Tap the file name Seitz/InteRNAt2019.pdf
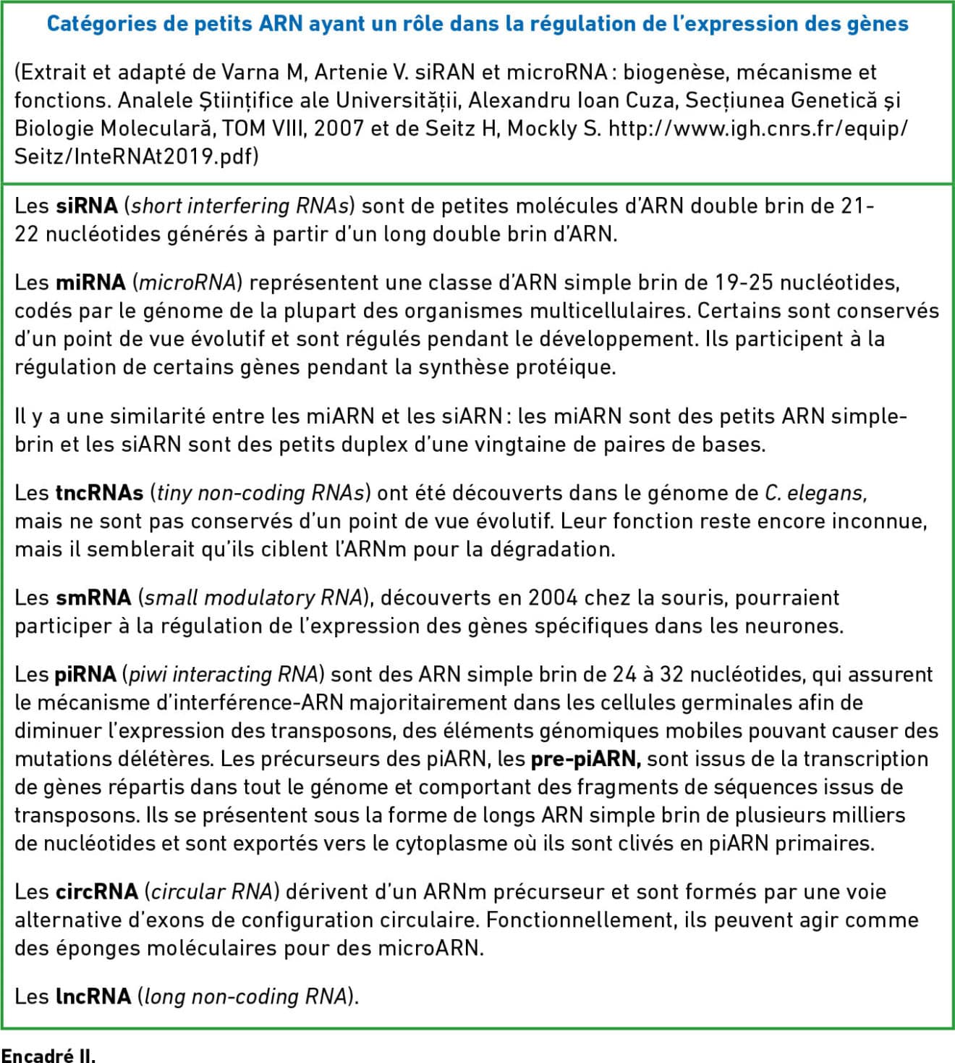click(x=135, y=156)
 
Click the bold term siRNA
click(x=87, y=206)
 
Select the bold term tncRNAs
click(x=99, y=493)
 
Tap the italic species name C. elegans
click(x=815, y=493)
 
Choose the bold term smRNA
click(x=93, y=598)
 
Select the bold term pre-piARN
click(x=585, y=759)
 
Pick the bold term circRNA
click(x=96, y=892)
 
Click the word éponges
click(x=92, y=949)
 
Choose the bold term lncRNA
click(x=93, y=997)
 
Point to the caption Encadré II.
click(x=48, y=1054)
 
